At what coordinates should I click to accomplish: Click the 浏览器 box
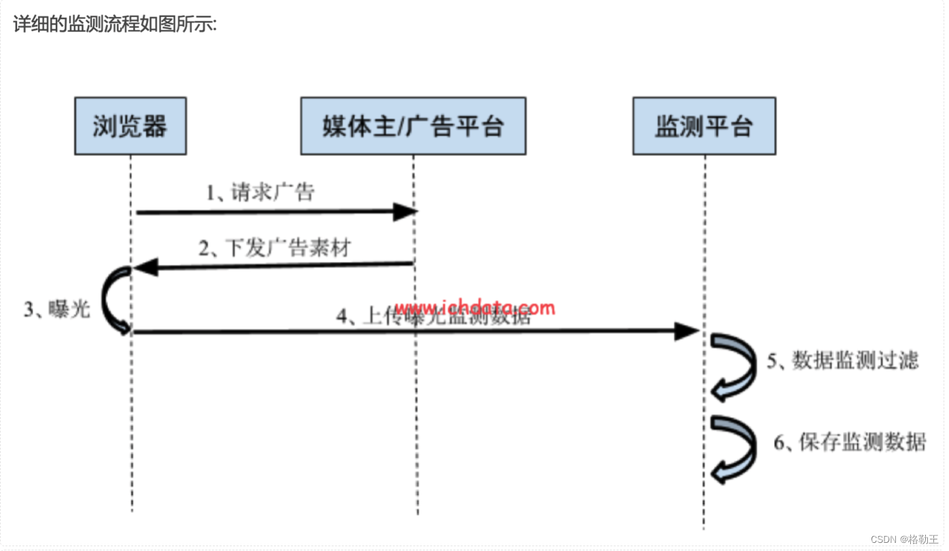click(x=130, y=127)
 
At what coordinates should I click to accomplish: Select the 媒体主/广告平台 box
click(x=413, y=127)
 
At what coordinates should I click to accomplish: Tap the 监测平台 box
click(x=704, y=127)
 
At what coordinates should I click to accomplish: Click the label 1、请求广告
click(x=260, y=193)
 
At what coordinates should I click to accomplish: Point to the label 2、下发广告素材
click(x=275, y=248)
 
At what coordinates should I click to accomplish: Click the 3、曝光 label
click(x=57, y=310)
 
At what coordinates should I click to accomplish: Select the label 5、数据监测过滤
click(x=843, y=361)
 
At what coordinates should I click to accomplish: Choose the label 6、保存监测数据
click(x=850, y=442)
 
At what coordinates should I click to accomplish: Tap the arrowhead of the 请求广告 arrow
click(x=406, y=212)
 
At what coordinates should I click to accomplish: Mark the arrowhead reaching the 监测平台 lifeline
click(x=687, y=332)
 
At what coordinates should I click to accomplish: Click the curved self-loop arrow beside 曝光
click(x=114, y=299)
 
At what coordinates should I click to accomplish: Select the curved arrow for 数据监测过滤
click(x=734, y=367)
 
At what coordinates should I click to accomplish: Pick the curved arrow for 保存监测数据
click(x=734, y=449)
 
